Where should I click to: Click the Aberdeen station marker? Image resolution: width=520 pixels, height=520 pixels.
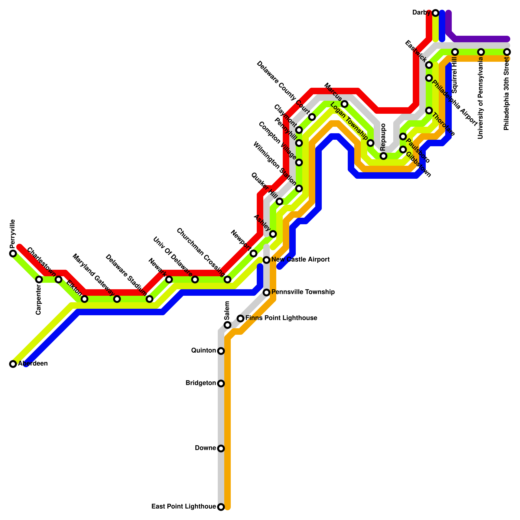(13, 364)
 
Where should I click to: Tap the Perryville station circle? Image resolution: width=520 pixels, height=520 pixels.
(13, 253)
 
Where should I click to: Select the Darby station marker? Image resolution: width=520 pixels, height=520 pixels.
(435, 13)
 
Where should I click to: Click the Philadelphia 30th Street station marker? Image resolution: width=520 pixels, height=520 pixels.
(507, 52)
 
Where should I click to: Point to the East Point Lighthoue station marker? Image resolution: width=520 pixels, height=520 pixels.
(221, 507)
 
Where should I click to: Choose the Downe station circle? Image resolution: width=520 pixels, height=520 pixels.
(221, 448)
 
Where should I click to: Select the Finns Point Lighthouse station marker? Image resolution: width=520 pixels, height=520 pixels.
(240, 318)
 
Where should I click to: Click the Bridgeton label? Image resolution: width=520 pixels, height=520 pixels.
(201, 383)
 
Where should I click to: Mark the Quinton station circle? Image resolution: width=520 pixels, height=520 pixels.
(221, 351)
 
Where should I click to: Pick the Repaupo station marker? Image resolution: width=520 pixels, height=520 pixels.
(383, 156)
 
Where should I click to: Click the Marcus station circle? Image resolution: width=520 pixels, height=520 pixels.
(344, 104)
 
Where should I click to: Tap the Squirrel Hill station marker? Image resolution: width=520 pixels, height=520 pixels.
(455, 52)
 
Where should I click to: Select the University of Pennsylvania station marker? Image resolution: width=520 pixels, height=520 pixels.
(481, 52)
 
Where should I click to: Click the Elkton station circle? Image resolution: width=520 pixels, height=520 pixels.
(84, 299)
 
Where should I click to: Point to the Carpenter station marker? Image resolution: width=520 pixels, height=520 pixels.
(39, 279)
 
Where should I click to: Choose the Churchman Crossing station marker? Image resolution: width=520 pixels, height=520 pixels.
(227, 279)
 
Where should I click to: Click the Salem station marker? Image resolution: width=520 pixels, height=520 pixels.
(227, 325)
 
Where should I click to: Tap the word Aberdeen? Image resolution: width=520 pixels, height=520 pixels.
(33, 364)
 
